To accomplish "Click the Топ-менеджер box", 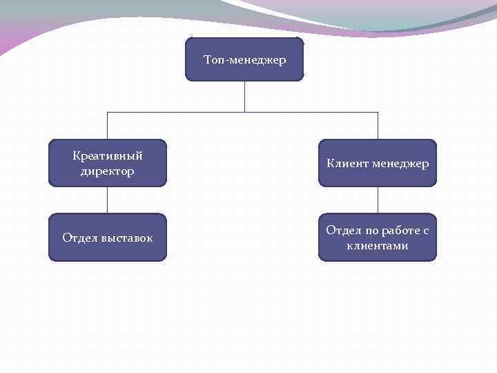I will pyautogui.click(x=244, y=59).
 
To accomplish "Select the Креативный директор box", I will pyautogui.click(x=107, y=163).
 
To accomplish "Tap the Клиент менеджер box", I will pyautogui.click(x=378, y=163).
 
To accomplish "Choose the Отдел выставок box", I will pyautogui.click(x=107, y=238).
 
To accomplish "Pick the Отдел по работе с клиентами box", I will pyautogui.click(x=378, y=238).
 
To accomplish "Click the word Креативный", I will pyautogui.click(x=108, y=155).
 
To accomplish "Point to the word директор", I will pyautogui.click(x=108, y=171).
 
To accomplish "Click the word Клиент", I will pyautogui.click(x=347, y=164).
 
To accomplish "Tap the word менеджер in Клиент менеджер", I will pyautogui.click(x=400, y=164).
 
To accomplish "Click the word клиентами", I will pyautogui.click(x=378, y=246).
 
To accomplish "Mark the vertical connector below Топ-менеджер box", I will pyautogui.click(x=244, y=97).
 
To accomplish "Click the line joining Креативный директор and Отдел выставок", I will pyautogui.click(x=107, y=200).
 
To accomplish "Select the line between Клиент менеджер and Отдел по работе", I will pyautogui.click(x=378, y=200).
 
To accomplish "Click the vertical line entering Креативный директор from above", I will pyautogui.click(x=107, y=126).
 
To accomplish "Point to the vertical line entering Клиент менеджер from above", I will pyautogui.click(x=378, y=126).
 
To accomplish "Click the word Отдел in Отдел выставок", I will pyautogui.click(x=77, y=238).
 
